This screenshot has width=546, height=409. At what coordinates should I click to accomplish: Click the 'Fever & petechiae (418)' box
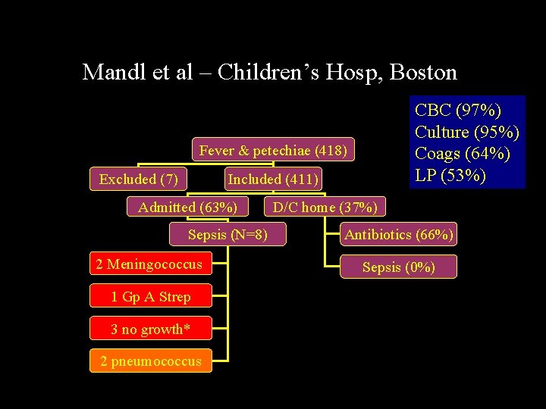coord(273,151)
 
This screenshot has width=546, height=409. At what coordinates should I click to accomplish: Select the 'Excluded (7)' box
coord(139,180)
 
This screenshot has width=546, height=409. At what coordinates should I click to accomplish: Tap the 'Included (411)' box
coord(273,180)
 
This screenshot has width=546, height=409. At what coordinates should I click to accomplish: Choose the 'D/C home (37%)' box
coord(325,207)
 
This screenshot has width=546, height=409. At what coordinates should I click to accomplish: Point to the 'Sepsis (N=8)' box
coord(227,235)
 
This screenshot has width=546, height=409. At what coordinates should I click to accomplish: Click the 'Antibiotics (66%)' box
coord(399,235)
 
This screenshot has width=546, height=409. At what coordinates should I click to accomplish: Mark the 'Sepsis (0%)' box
coord(399,267)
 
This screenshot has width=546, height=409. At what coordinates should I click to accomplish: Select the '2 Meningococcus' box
coord(149,264)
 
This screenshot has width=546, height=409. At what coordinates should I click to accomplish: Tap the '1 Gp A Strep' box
coord(150,297)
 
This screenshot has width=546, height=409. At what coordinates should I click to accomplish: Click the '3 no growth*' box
coord(150,329)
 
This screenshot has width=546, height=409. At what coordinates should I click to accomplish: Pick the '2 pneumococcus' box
coord(151,361)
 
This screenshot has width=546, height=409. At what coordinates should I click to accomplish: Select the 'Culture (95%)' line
coord(466,132)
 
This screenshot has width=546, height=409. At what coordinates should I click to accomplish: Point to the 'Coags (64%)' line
coord(462,154)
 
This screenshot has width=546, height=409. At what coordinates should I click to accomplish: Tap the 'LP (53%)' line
coord(450,176)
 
